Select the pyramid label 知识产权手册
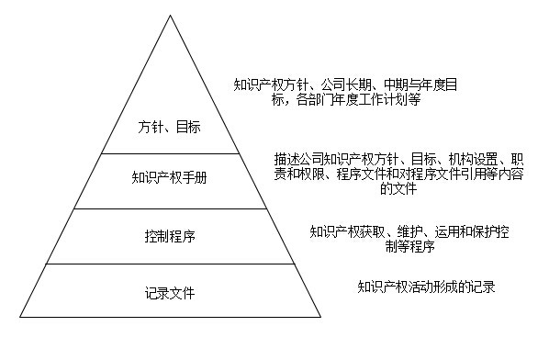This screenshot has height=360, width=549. [x=169, y=178]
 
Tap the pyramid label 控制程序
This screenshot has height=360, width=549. [x=169, y=235]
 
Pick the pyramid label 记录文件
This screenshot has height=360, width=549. [x=169, y=293]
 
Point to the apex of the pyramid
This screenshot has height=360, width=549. [x=169, y=13]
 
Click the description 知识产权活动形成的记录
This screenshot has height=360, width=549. [x=426, y=287]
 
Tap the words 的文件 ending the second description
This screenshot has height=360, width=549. [x=398, y=190]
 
